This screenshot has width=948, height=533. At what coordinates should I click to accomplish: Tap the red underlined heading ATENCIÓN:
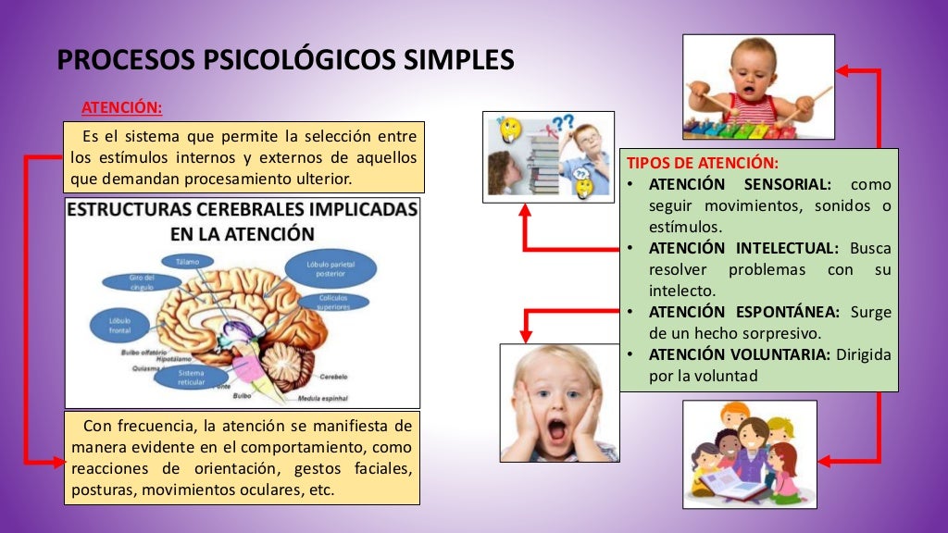pyautogui.click(x=121, y=107)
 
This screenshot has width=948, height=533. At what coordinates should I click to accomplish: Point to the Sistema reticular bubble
pyautogui.click(x=192, y=378)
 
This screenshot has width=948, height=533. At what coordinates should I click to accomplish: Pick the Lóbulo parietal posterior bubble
pyautogui.click(x=330, y=268)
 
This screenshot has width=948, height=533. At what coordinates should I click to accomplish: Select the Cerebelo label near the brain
pyautogui.click(x=334, y=378)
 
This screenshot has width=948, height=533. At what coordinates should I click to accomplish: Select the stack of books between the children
pyautogui.click(x=544, y=163)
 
